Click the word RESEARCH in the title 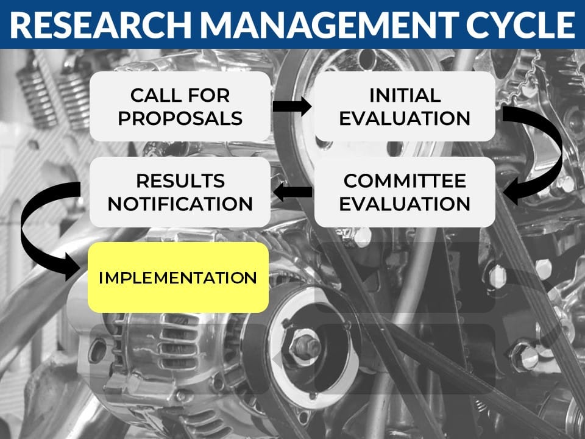click(100, 24)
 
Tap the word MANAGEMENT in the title click(328, 24)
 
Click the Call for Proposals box click(180, 106)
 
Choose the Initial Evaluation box click(405, 106)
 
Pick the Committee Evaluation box click(405, 192)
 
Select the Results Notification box click(180, 192)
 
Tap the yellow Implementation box click(179, 277)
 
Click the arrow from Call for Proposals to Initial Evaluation click(292, 106)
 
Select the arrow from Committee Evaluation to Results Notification click(292, 192)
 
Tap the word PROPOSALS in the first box click(180, 118)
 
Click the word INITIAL click(405, 95)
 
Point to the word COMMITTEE click(405, 181)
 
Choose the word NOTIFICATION click(180, 204)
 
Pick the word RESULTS click(180, 181)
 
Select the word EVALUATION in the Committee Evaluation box click(405, 204)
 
